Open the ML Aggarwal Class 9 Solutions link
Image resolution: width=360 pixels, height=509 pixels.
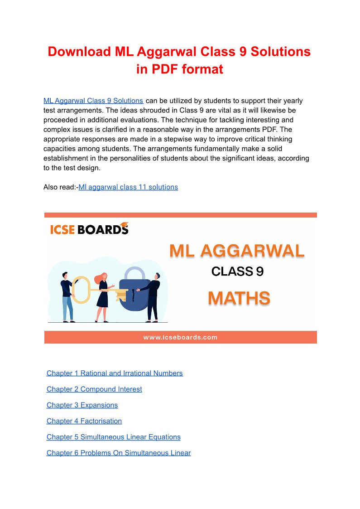[93, 101]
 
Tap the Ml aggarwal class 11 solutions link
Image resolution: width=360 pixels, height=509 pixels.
[128, 187]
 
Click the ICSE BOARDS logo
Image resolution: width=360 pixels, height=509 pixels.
[89, 229]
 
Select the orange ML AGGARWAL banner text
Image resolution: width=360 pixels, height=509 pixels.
[237, 251]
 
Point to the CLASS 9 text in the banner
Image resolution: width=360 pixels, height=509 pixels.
[237, 271]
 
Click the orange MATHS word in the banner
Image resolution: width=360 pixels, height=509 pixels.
[239, 298]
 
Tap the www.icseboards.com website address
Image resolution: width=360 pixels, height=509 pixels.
[180, 337]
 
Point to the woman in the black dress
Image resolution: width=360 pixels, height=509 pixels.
[102, 297]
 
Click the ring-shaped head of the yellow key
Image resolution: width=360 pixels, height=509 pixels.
[80, 289]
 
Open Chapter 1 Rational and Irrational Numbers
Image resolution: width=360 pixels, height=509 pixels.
[115, 373]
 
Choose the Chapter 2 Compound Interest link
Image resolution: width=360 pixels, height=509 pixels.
[94, 389]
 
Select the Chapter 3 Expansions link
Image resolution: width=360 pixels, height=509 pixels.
[82, 405]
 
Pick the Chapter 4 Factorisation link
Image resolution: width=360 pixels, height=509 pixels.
[84, 421]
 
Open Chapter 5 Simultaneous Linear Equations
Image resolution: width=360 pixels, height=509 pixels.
[114, 437]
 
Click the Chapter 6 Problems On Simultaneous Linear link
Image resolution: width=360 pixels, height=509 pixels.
[119, 453]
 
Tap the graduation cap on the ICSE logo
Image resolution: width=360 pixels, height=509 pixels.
[123, 225]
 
